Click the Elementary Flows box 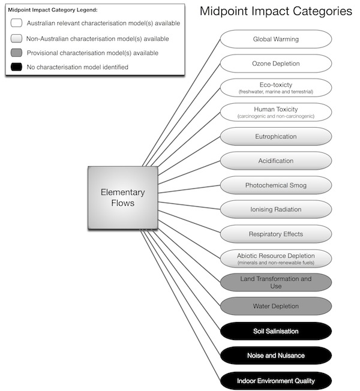coord(122,198)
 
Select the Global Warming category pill coord(275,40)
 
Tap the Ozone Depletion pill coord(275,64)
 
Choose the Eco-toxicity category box coord(275,88)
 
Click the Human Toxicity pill coord(275,112)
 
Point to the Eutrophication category coord(275,137)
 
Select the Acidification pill coord(275,161)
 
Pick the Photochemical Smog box coord(275,185)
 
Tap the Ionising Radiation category coord(275,209)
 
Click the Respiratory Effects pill coord(275,234)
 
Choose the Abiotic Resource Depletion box coord(275,258)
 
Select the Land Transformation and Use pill coord(275,282)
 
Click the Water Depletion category coord(275,306)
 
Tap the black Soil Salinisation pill coord(275,331)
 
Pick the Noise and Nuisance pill coord(275,356)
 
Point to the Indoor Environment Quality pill coord(275,380)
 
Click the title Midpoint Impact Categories coord(275,11)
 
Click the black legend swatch coord(16,67)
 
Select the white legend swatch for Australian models coord(16,23)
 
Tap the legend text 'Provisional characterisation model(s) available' coord(92,53)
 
